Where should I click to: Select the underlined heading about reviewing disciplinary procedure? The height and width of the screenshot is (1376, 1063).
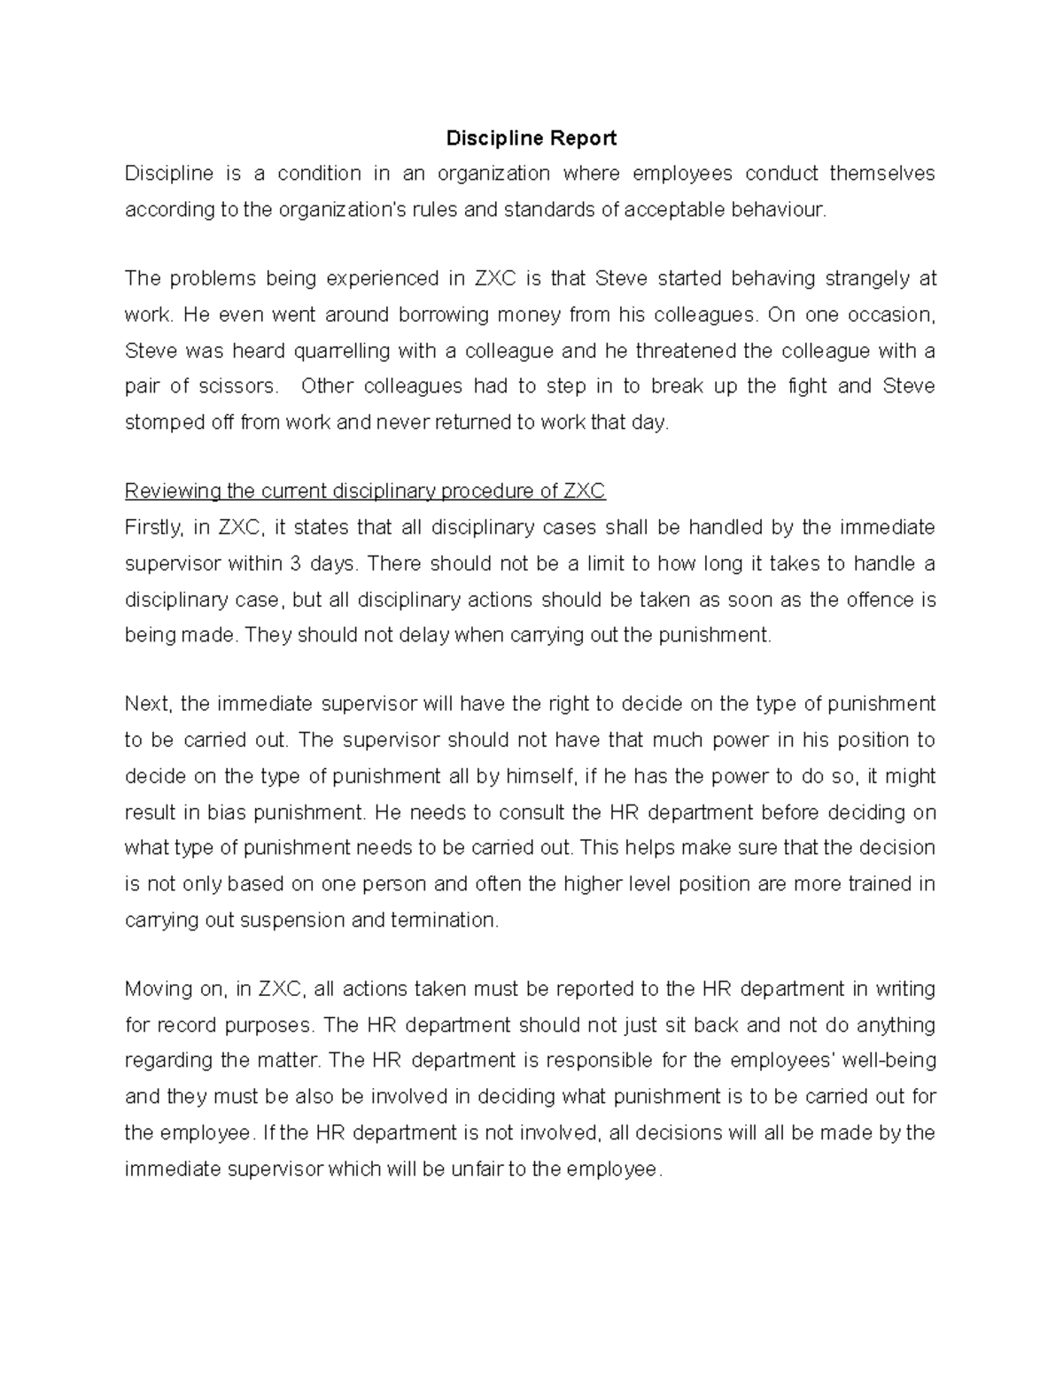click(365, 492)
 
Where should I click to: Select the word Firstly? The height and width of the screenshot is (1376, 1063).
click(154, 528)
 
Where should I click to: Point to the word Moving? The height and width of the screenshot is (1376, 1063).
click(155, 989)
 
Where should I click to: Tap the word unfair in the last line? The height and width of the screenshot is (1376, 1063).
click(477, 1170)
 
